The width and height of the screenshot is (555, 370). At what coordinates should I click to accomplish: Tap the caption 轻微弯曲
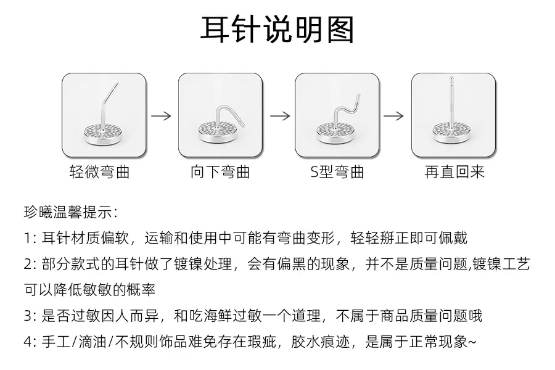(x=99, y=172)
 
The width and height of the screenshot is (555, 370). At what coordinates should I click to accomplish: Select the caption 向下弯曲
(x=220, y=172)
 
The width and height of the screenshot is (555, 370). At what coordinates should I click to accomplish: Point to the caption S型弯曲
(x=337, y=172)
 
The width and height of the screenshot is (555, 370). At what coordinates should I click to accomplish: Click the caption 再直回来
(x=454, y=172)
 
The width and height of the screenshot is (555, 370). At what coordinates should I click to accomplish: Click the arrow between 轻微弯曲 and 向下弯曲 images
(x=162, y=116)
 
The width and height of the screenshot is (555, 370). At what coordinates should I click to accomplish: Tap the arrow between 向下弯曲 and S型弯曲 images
(x=280, y=116)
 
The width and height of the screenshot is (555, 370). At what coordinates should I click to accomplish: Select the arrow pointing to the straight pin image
(x=393, y=116)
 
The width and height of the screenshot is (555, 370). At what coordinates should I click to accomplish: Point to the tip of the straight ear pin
(x=451, y=78)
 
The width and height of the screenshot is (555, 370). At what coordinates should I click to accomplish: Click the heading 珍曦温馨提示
(x=70, y=212)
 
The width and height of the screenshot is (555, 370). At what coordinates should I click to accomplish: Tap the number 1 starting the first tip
(x=27, y=238)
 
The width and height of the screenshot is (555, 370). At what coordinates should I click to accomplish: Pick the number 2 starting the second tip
(x=28, y=264)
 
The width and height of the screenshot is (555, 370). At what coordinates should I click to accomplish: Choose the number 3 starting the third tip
(x=28, y=316)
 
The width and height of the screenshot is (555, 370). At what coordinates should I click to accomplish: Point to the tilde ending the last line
(x=472, y=342)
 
